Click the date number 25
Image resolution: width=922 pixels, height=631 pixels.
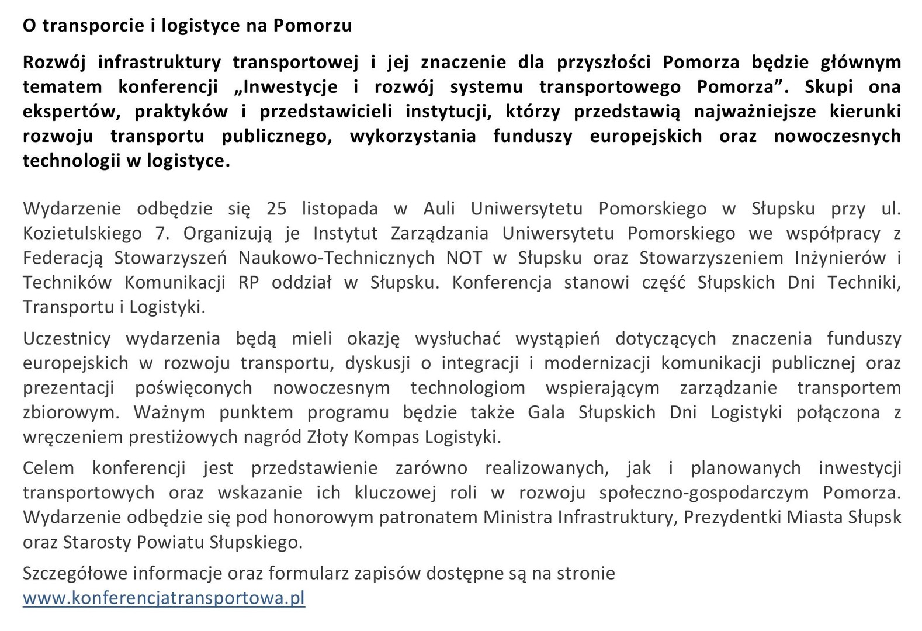276,209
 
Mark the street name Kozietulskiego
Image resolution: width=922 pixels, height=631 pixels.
82,234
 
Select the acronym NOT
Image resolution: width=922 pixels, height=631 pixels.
464,258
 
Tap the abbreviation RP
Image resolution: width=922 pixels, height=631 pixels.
248,283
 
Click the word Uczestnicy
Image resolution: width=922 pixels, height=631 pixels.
67,339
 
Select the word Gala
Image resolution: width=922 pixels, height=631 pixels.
546,412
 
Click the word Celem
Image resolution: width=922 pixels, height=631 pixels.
48,468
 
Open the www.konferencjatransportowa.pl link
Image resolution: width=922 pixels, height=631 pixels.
164,598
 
